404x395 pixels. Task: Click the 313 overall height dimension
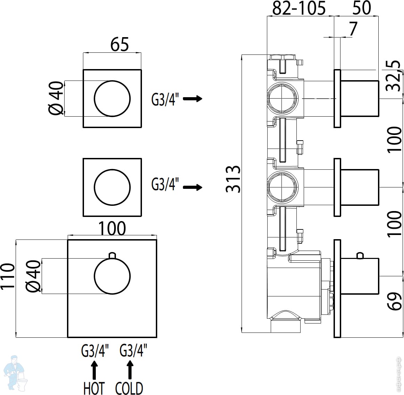pos(233,179)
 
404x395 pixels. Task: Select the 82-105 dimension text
pos(299,8)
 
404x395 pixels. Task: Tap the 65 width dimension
pos(120,44)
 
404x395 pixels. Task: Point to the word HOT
pos(94,388)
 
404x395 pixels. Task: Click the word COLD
pos(129,388)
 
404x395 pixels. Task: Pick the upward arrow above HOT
pos(94,369)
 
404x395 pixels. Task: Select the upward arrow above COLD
pos(130,369)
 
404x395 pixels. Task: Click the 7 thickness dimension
pos(353,29)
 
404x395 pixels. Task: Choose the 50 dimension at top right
pos(361,8)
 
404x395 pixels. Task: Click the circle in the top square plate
pos(112,99)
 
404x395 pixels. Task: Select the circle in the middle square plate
pos(112,187)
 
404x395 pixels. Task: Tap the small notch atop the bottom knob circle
pos(112,255)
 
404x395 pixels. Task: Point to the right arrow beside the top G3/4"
pos(193,99)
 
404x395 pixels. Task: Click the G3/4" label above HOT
pos(95,350)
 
